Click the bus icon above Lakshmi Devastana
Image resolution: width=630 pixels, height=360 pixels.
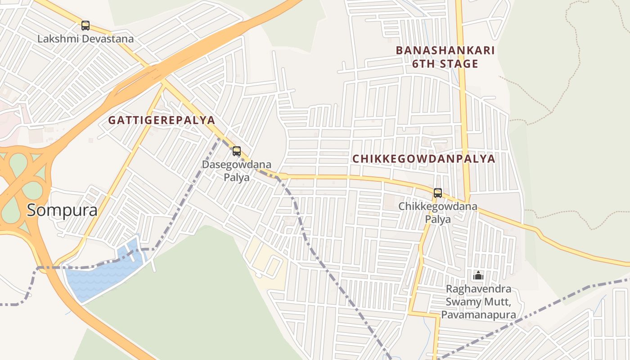[x=85, y=26]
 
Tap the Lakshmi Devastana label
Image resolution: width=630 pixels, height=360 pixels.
[x=85, y=39]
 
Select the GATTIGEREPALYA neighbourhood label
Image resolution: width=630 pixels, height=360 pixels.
[x=162, y=121]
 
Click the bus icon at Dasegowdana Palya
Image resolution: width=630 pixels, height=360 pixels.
[x=237, y=151]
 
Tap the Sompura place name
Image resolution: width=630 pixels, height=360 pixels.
[x=62, y=210]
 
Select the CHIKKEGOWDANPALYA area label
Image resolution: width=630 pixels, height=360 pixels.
[x=423, y=159]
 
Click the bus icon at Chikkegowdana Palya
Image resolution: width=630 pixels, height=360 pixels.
[x=438, y=193]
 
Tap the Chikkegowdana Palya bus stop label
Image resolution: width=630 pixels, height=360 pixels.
[x=438, y=213]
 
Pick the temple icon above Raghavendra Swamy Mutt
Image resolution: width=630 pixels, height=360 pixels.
[x=478, y=274]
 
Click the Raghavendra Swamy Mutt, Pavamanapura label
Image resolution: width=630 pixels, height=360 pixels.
[x=478, y=301]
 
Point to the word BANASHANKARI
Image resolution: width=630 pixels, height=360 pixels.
[x=445, y=50]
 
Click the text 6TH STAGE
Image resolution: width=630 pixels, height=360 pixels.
[x=445, y=64]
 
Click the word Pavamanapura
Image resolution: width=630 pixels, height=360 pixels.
[x=478, y=315]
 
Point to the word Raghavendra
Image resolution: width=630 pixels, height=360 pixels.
[x=478, y=289]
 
